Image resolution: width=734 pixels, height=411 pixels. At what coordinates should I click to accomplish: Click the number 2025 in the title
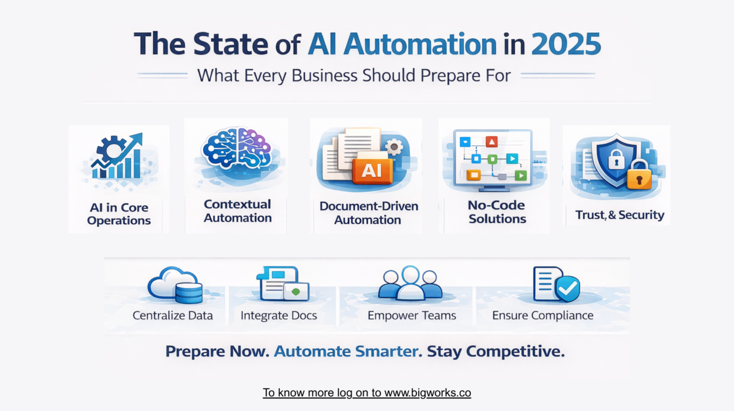tap(566, 44)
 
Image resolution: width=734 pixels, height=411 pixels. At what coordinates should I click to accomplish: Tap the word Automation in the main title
tap(420, 44)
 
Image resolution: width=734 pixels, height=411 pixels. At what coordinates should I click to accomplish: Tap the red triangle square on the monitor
tap(491, 142)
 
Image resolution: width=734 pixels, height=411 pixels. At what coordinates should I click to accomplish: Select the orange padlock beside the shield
tap(639, 176)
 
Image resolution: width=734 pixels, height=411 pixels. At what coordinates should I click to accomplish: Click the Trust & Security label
tap(619, 215)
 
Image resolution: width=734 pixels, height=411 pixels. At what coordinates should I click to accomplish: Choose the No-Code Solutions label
tap(497, 212)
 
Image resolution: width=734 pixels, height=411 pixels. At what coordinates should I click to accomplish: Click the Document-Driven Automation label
tap(368, 213)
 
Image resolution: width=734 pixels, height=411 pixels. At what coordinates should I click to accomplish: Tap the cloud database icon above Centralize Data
tap(175, 285)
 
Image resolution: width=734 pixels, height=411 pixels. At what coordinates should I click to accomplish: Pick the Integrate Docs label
tap(279, 316)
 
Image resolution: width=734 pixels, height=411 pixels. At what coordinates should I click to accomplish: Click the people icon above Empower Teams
tap(410, 283)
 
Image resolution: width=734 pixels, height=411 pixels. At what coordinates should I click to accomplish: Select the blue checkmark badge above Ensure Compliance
tap(568, 288)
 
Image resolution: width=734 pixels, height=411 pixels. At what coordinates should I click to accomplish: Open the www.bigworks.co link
tap(427, 393)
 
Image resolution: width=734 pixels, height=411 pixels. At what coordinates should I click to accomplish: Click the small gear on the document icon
tap(394, 147)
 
